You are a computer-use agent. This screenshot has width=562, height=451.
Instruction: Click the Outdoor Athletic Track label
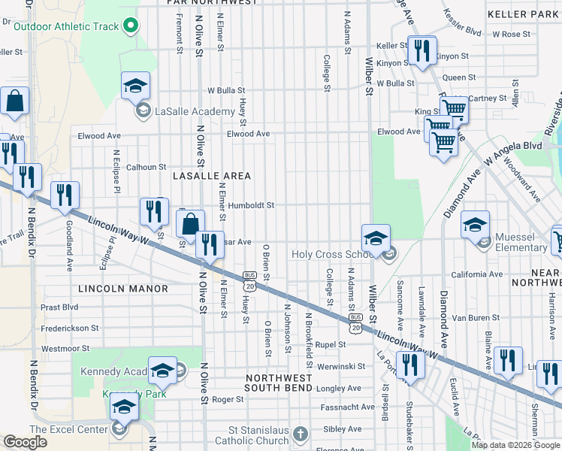[x=66, y=27]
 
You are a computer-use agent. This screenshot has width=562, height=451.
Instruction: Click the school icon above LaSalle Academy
[x=135, y=86]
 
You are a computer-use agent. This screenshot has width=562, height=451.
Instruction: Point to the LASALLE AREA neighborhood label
[x=211, y=176]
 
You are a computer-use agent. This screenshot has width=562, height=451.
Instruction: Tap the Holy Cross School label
[x=332, y=255]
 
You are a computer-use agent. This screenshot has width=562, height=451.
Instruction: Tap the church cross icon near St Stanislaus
[x=301, y=434]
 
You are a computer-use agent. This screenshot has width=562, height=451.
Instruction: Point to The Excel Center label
[x=69, y=429]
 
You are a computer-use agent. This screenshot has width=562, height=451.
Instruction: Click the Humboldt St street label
[x=252, y=205]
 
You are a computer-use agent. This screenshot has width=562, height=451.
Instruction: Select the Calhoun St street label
[x=146, y=168]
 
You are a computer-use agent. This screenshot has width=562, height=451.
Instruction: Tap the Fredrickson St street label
[x=71, y=328]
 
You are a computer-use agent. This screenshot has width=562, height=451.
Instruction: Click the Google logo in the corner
[x=26, y=442]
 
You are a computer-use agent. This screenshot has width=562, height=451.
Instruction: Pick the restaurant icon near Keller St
[x=421, y=50]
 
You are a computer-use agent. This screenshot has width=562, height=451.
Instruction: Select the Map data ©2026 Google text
[x=515, y=445]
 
